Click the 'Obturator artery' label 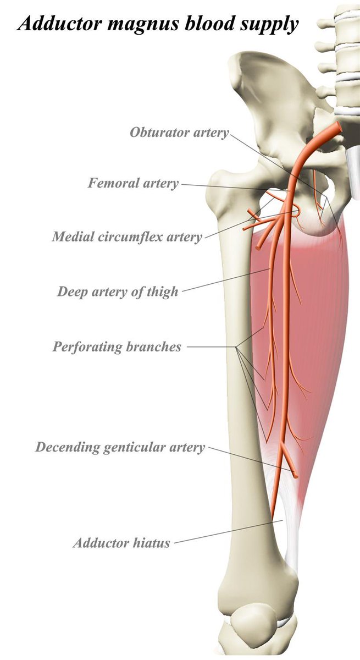coord(179,133)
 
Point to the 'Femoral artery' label coord(134,183)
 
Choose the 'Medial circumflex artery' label coord(127,237)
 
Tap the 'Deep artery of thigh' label coord(118,291)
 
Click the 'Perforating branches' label coord(117,347)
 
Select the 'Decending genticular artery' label coord(120,447)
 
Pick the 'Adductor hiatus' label coord(121,543)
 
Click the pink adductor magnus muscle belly coord(324,330)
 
